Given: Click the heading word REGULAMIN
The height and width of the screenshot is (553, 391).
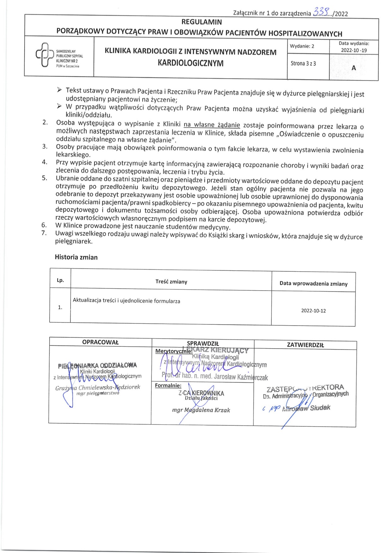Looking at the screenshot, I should pyautogui.click(x=201, y=22).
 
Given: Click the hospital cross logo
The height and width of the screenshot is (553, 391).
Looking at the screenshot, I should pyautogui.click(x=44, y=55).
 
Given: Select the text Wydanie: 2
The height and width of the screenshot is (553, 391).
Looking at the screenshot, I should pyautogui.click(x=302, y=46).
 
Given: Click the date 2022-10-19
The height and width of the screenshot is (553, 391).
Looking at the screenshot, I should pyautogui.click(x=354, y=50).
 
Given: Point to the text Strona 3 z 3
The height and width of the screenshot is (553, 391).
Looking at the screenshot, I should pyautogui.click(x=303, y=63).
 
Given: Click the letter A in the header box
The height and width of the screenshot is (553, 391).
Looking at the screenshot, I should pyautogui.click(x=353, y=68).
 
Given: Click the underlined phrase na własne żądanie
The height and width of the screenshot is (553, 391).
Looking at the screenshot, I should pyautogui.click(x=211, y=125).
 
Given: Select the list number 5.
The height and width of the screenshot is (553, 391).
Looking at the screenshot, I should pyautogui.click(x=44, y=178).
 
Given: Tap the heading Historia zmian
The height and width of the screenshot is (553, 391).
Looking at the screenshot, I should pyautogui.click(x=76, y=257).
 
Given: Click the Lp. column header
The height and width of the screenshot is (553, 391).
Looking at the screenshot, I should pyautogui.click(x=60, y=280).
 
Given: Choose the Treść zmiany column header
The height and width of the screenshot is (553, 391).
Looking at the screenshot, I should pyautogui.click(x=171, y=281).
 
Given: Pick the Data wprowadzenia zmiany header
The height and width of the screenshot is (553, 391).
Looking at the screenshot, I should pyautogui.click(x=313, y=283).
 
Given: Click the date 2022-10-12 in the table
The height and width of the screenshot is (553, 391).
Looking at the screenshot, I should pyautogui.click(x=313, y=310).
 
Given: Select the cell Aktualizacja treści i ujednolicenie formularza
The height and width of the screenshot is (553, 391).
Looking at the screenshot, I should pyautogui.click(x=127, y=301).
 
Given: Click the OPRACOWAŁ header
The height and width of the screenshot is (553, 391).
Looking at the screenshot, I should pyautogui.click(x=100, y=342).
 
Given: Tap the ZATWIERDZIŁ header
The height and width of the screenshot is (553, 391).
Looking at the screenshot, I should pyautogui.click(x=305, y=345).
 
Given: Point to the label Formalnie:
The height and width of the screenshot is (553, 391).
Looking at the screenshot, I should pyautogui.click(x=168, y=385).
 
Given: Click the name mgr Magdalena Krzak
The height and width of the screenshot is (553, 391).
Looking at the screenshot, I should pyautogui.click(x=201, y=410).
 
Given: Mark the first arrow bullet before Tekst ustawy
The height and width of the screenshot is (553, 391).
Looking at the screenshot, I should pyautogui.click(x=59, y=90).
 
